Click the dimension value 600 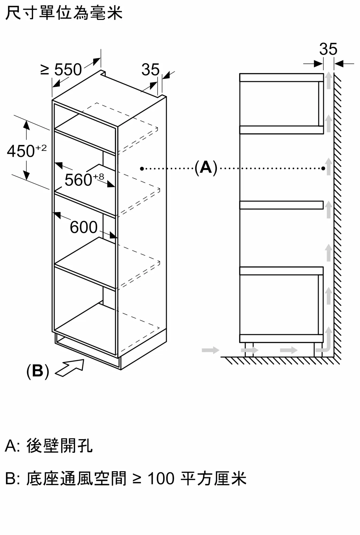tap(84, 227)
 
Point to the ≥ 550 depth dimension tap(61, 70)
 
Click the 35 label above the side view tap(328, 49)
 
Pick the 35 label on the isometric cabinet tap(150, 70)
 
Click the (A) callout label tap(206, 168)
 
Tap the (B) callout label tap(38, 371)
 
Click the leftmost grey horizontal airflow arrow tap(210, 350)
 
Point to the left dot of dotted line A tap(142, 169)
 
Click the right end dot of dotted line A tap(323, 169)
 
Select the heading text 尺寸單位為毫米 tap(64, 13)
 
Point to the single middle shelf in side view tap(281, 205)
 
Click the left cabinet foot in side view tap(249, 349)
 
